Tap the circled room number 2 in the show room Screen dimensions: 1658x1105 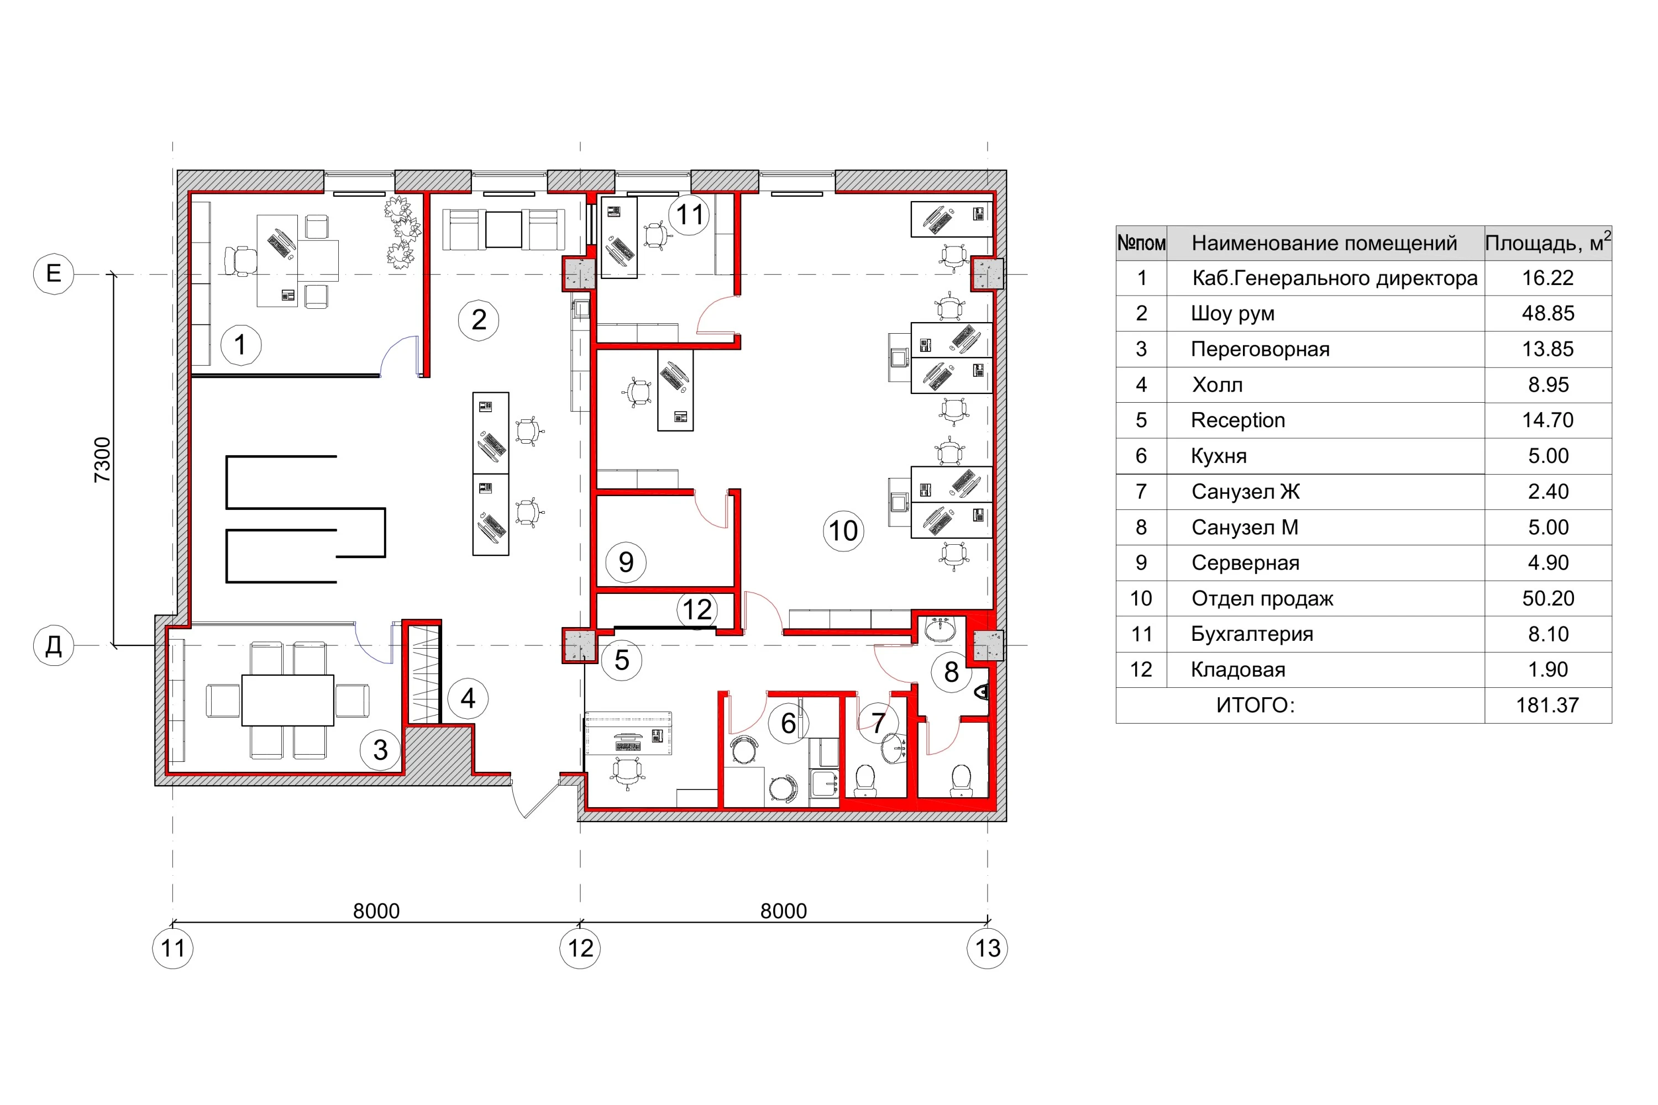[479, 320]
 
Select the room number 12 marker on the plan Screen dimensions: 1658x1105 [697, 609]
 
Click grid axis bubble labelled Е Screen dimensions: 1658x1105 [54, 273]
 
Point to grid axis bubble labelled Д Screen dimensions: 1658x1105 [54, 645]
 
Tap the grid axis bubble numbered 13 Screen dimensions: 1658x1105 [987, 948]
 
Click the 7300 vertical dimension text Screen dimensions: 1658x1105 [103, 460]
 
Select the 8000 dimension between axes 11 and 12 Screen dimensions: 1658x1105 [376, 911]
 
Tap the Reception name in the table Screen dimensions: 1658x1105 [1238, 420]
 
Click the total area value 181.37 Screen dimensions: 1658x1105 [1548, 705]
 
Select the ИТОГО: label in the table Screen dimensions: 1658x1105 [1256, 705]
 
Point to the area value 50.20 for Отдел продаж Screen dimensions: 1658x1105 [1548, 598]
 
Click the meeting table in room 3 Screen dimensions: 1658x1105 [287, 701]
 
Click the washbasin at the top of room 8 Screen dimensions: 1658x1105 [941, 629]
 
